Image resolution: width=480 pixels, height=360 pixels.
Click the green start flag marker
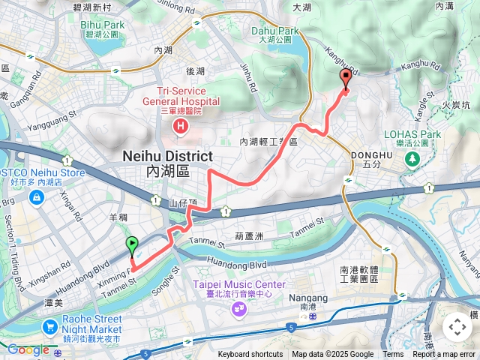[133, 244]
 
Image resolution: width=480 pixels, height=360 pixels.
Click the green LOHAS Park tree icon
[412, 160]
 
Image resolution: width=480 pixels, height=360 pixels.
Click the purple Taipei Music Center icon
[239, 308]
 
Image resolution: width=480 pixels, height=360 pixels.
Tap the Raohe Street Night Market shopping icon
[50, 327]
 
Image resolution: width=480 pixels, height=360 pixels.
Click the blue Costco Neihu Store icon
[35, 197]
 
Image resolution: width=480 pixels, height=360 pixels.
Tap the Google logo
[28, 349]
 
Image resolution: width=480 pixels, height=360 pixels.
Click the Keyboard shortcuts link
[250, 355]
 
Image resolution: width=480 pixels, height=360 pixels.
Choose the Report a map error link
[444, 355]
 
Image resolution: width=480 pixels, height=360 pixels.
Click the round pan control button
[457, 327]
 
